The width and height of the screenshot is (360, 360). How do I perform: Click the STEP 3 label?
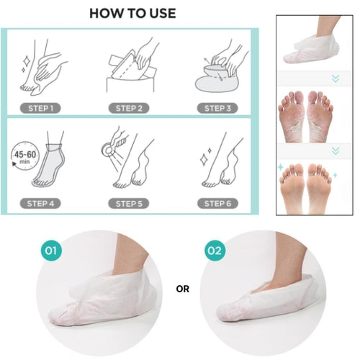point(217,108)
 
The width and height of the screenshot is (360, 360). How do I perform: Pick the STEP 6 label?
point(217,202)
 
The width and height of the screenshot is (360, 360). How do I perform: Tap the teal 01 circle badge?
point(50,251)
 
